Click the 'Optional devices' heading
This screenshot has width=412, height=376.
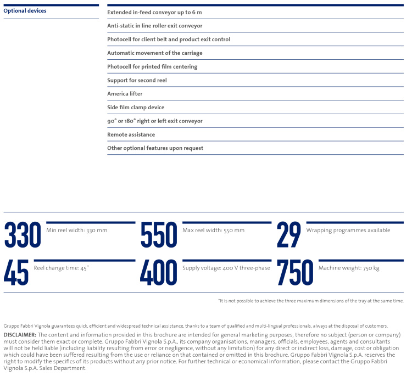[25, 11]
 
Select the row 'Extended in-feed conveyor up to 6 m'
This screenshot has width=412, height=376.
[154, 12]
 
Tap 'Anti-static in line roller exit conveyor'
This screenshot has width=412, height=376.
[154, 26]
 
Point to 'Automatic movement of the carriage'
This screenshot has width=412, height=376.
[154, 53]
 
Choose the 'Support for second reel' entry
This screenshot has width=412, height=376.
[137, 80]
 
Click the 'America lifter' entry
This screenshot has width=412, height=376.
[125, 94]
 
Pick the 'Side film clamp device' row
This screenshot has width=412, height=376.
[136, 108]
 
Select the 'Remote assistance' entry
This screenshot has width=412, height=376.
[131, 134]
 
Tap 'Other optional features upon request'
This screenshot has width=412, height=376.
[155, 148]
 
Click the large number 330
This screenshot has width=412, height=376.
[23, 235]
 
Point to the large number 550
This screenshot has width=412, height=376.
[159, 235]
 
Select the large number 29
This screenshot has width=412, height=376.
[289, 235]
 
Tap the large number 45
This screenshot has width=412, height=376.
[16, 273]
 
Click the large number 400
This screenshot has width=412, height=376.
[159, 273]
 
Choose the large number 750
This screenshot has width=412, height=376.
[295, 273]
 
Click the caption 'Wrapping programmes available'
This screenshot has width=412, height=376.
[348, 231]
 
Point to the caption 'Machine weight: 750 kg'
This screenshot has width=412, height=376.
[349, 268]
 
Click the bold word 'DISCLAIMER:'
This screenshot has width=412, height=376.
[20, 334]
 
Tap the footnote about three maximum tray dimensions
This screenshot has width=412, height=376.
[310, 301]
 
